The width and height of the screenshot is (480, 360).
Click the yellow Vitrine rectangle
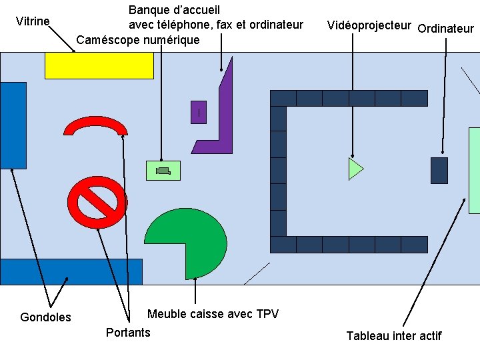pos(99,65)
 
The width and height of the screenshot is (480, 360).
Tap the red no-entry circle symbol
pos(97,201)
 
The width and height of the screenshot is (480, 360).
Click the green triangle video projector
pos(355,169)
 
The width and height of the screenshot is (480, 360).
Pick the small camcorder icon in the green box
pos(163,171)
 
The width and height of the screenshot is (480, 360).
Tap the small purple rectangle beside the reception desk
pos(198,112)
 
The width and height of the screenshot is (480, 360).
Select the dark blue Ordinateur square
pos(439,170)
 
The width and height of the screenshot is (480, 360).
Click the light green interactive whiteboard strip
pos(474,170)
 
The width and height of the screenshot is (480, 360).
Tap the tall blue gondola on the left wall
pos(13,125)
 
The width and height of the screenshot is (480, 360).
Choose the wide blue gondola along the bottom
pos(71,271)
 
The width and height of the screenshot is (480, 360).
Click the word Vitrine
pos(33,21)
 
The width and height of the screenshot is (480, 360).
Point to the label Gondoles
pos(45,317)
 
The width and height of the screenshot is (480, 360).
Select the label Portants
pos(128,332)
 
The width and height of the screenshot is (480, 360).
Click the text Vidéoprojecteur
pos(369,25)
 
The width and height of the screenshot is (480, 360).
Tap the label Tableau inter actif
pos(393,335)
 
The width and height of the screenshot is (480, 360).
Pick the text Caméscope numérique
pos(138,40)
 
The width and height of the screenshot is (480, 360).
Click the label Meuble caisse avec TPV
pos(213,314)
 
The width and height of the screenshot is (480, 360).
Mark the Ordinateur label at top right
pos(445,29)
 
